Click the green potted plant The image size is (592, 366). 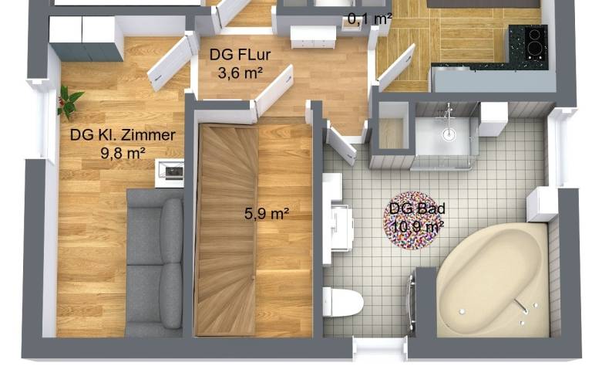[69, 100]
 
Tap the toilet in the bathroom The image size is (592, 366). [344, 301]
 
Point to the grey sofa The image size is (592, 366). [154, 263]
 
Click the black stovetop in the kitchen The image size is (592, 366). [528, 39]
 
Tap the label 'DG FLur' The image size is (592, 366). [237, 56]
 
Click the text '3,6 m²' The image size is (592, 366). [237, 73]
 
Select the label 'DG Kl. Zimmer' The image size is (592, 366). [123, 135]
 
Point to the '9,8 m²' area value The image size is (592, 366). [123, 152]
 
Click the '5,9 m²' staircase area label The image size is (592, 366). [267, 214]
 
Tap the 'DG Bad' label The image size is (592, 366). [417, 208]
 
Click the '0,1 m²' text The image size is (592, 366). [371, 18]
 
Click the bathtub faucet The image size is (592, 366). [524, 307]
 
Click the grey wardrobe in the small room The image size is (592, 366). [86, 39]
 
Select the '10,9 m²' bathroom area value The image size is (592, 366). [417, 226]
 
